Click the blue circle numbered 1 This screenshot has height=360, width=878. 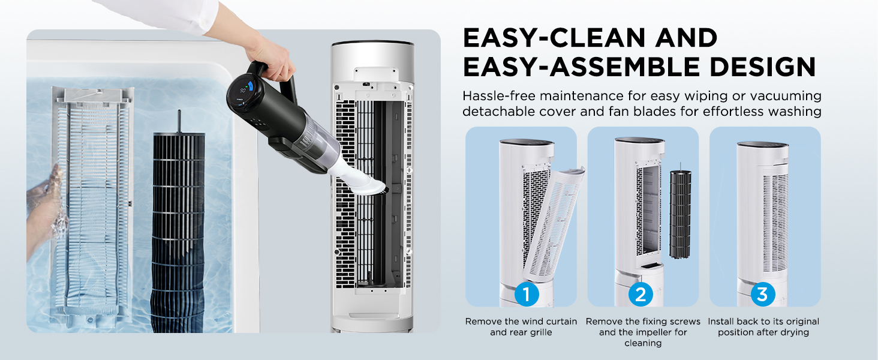[527, 294]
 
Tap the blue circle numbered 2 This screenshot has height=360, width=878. [641, 294]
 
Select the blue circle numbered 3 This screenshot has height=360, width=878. [763, 294]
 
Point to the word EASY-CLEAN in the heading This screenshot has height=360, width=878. [554, 38]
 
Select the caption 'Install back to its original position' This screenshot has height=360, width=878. [763, 326]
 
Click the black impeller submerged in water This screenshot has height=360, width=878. [178, 232]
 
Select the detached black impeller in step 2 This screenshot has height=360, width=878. [680, 214]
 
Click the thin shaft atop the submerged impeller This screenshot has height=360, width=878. [179, 122]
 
